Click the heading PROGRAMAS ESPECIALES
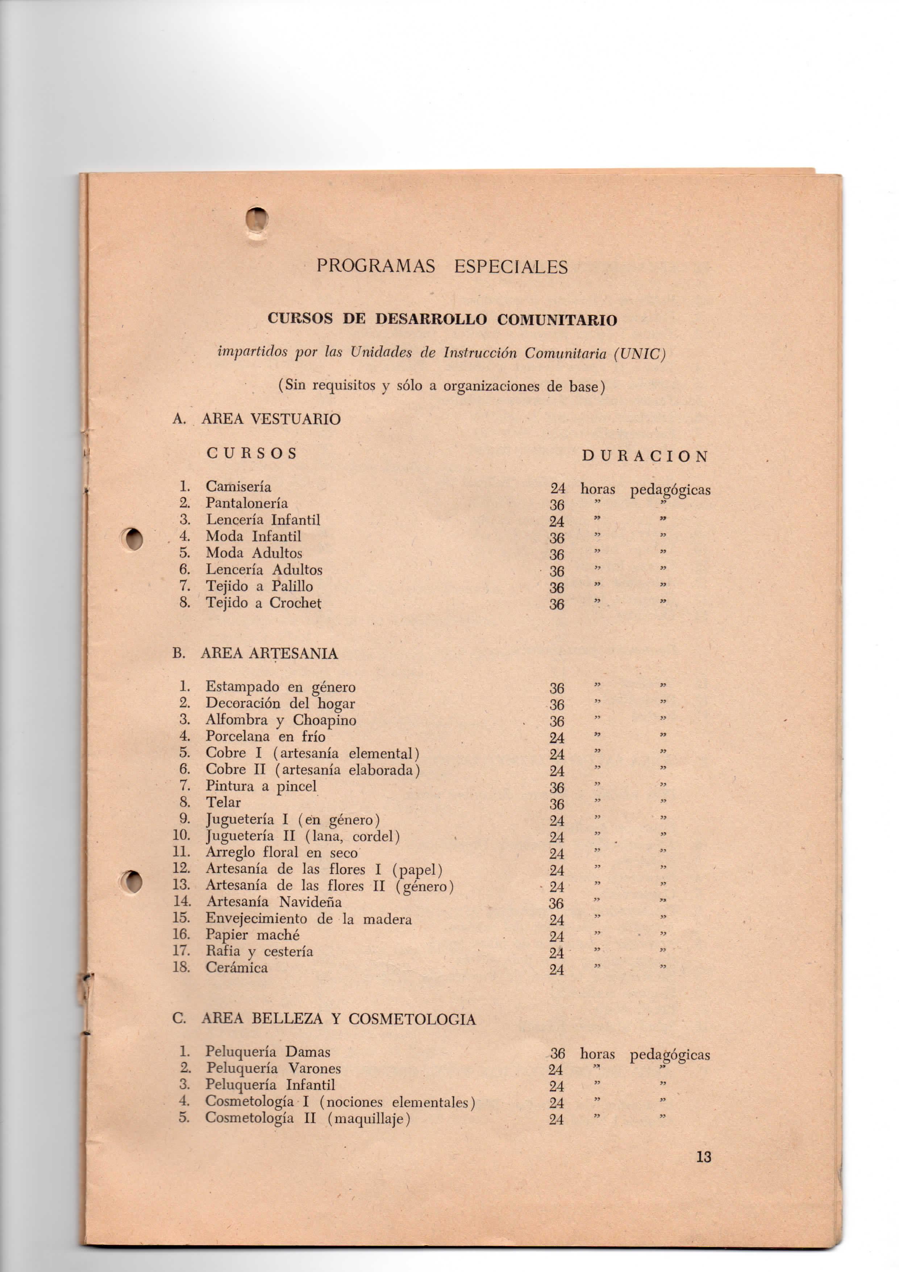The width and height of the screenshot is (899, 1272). (x=442, y=267)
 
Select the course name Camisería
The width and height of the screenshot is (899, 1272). (x=238, y=487)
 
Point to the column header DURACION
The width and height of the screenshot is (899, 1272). (x=645, y=456)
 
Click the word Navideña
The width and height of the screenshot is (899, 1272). (x=310, y=902)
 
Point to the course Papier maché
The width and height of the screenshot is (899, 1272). (x=253, y=935)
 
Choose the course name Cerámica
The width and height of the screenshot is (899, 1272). (x=237, y=968)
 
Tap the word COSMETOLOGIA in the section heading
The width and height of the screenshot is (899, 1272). (x=412, y=1019)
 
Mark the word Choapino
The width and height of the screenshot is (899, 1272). (x=325, y=720)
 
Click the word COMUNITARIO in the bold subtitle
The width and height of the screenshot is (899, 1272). (x=557, y=320)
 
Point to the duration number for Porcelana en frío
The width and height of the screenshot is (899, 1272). (x=557, y=738)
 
